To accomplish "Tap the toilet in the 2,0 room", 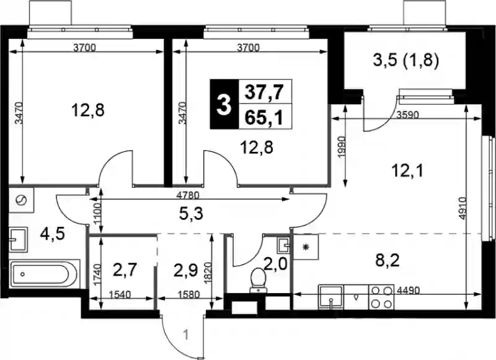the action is coord(259,280).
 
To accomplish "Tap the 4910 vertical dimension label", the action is coord(462,209).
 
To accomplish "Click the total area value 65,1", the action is coord(263,118).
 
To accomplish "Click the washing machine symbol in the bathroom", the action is coord(21,200).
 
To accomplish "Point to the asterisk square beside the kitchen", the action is coord(306,247).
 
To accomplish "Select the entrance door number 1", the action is coord(187,335).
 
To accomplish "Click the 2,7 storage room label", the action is coord(123,270).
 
